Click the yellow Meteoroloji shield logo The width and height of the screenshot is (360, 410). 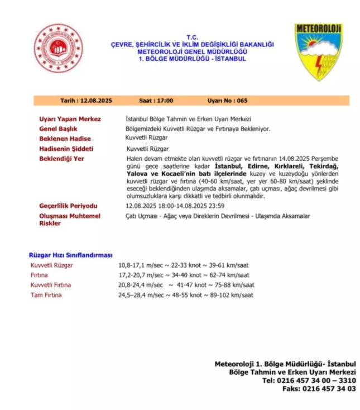tap(318, 51)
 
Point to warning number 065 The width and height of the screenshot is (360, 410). tap(242, 101)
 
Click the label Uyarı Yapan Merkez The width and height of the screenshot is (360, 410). tap(70, 119)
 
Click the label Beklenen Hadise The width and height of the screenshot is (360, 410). tap(65, 139)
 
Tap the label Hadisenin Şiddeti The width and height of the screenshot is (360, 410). tap(66, 149)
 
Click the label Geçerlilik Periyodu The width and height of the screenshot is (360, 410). tap(68, 206)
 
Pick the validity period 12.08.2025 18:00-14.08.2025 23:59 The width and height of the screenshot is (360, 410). tap(175, 206)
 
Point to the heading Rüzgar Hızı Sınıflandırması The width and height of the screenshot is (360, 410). tap(71, 255)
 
